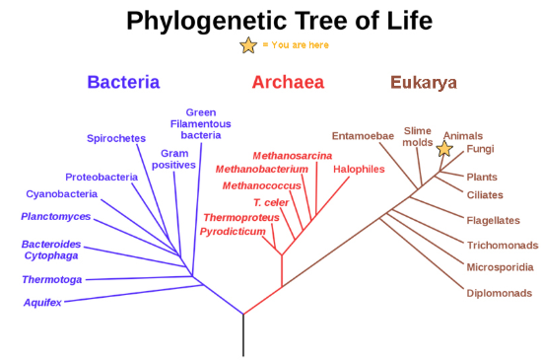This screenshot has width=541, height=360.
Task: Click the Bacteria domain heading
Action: pyautogui.click(x=123, y=83)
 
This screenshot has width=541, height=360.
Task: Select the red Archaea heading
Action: pyautogui.click(x=288, y=83)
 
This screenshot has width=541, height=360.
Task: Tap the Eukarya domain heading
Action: pyautogui.click(x=423, y=83)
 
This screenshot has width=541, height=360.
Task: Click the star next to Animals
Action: pyautogui.click(x=444, y=149)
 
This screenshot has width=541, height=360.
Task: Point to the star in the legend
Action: pyautogui.click(x=249, y=45)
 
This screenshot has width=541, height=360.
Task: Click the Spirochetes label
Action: pyautogui.click(x=117, y=138)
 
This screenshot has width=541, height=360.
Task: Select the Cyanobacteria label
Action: pyautogui.click(x=61, y=194)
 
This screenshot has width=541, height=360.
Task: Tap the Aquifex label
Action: pyautogui.click(x=42, y=302)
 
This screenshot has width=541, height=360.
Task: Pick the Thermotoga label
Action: pyautogui.click(x=51, y=280)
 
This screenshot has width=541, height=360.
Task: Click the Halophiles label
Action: pyautogui.click(x=359, y=169)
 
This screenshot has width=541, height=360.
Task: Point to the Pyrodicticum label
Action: pyautogui.click(x=233, y=231)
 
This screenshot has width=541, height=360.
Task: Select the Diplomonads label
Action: pyautogui.click(x=500, y=292)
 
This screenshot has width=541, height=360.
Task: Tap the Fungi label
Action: pyautogui.click(x=481, y=149)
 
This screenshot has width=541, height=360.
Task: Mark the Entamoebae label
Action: pyautogui.click(x=363, y=136)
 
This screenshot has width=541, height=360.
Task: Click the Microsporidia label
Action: pyautogui.click(x=501, y=267)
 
